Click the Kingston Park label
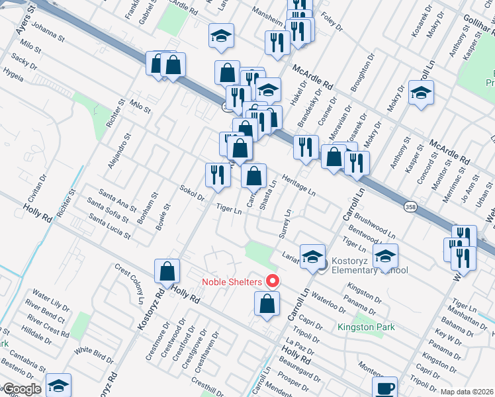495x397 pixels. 366,327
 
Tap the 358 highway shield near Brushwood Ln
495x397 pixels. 411,206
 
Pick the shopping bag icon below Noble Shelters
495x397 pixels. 267,304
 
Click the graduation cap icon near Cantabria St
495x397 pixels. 58,386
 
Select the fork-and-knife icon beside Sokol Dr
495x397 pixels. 217,175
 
